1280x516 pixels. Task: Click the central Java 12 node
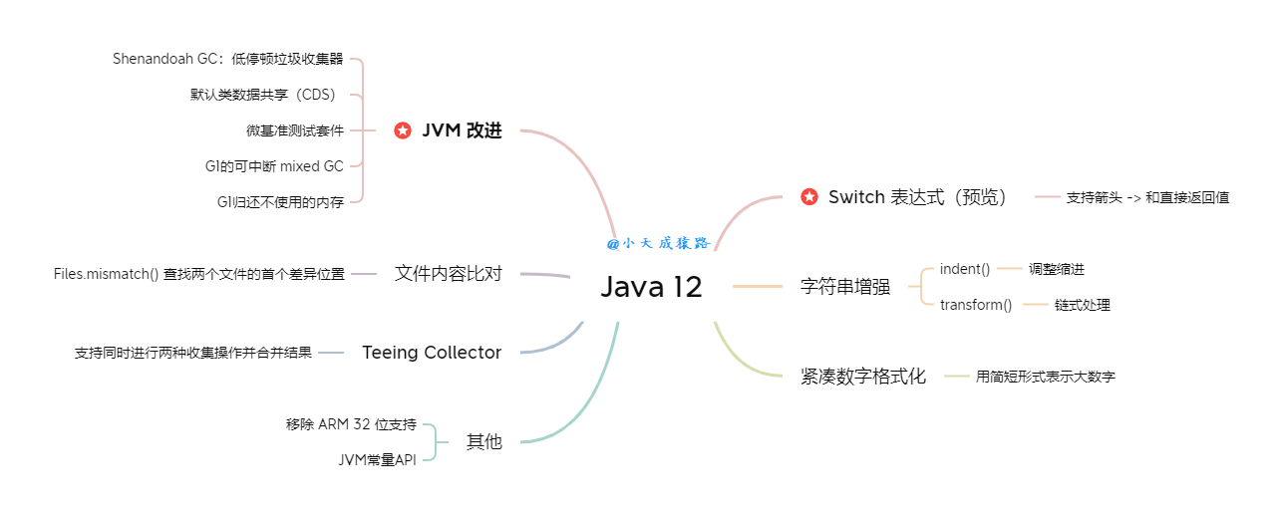(651, 287)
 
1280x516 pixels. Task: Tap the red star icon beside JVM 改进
(403, 130)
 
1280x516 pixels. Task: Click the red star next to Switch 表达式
(809, 197)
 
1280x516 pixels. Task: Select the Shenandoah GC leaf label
(227, 59)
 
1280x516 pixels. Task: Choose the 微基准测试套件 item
(295, 130)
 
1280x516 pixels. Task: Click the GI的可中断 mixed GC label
(274, 166)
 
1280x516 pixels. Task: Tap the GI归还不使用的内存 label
(280, 202)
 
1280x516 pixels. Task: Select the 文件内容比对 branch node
(448, 273)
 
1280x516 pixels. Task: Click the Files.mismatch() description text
(199, 274)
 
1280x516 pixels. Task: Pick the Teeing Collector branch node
(432, 353)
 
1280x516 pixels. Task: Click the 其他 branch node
(484, 441)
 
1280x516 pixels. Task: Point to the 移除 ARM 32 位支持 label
(351, 424)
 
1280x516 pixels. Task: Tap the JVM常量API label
(377, 459)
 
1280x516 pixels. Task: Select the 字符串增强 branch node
(845, 287)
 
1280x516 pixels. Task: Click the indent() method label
(965, 269)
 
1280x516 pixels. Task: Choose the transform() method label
(976, 305)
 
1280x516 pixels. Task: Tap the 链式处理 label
(1082, 305)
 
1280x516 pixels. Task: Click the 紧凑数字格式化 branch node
(863, 377)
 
